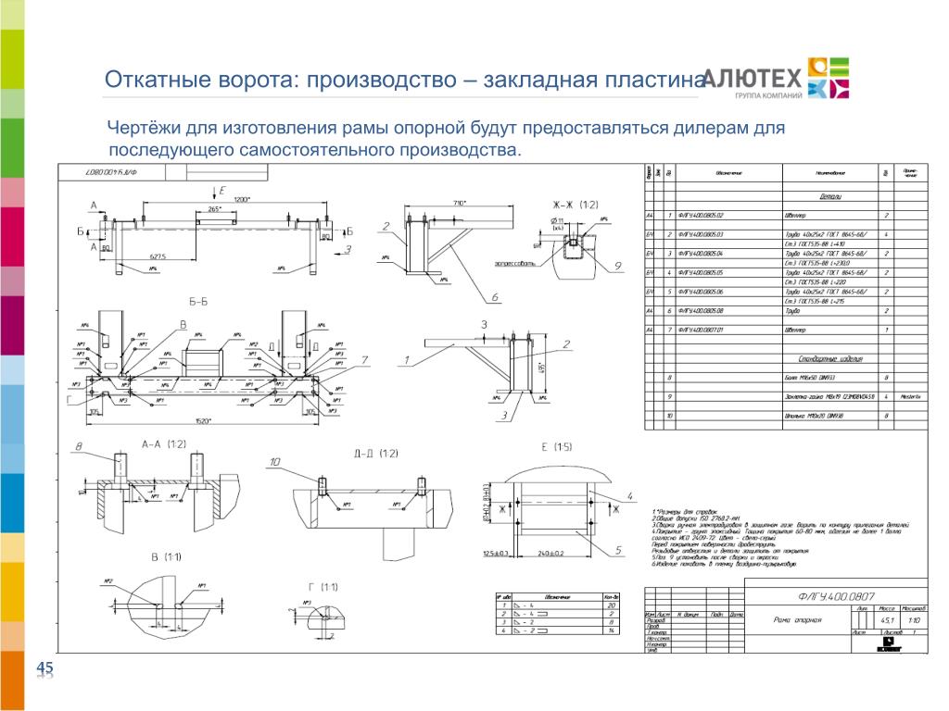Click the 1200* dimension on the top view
(243, 199)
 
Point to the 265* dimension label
(216, 210)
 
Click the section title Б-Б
(197, 302)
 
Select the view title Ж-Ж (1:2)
(576, 205)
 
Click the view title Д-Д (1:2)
(375, 453)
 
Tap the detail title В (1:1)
(168, 556)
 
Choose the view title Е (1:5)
(557, 447)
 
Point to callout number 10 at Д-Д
(274, 461)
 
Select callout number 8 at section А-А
(79, 447)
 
